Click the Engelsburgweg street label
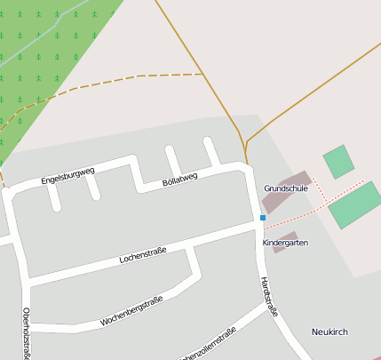(x=67, y=174)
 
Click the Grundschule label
(x=286, y=188)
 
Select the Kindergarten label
(x=286, y=242)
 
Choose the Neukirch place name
(x=329, y=332)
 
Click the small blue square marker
(x=263, y=217)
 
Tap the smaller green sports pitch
(x=338, y=162)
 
